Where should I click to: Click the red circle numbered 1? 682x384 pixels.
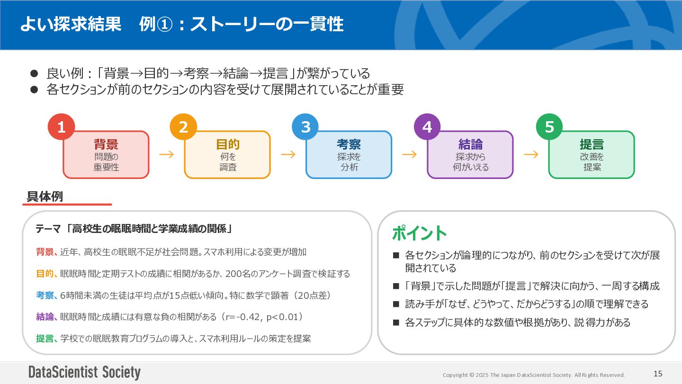point(61,127)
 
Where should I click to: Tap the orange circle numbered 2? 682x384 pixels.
point(183,127)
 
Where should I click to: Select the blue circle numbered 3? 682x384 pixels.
point(305,127)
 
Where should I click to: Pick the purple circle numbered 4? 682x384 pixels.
point(427,127)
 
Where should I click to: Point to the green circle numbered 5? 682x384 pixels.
point(549,127)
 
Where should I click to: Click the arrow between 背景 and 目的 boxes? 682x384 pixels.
point(167,154)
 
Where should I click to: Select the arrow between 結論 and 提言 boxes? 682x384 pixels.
point(531,154)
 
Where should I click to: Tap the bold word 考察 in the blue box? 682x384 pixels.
point(349,144)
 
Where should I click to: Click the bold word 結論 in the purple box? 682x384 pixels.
point(470,144)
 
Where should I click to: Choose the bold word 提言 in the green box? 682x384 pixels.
point(592,144)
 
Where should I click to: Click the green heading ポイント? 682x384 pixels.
point(419,233)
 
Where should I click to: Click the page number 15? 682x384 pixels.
point(658,374)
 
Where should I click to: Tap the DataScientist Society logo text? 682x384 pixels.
point(84,373)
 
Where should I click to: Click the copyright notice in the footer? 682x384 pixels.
point(534,375)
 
